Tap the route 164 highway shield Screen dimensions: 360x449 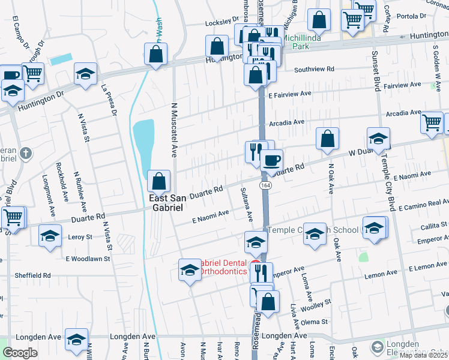(264, 186)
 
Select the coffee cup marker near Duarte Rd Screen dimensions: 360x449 (271, 161)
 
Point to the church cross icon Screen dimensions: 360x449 (25, 153)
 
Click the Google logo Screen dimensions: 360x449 (20, 353)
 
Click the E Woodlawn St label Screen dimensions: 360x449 (88, 259)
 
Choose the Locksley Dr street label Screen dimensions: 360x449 (218, 22)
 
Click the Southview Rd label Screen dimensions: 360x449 (314, 69)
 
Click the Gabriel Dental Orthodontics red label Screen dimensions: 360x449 (223, 266)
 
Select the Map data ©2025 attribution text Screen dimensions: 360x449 (423, 355)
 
